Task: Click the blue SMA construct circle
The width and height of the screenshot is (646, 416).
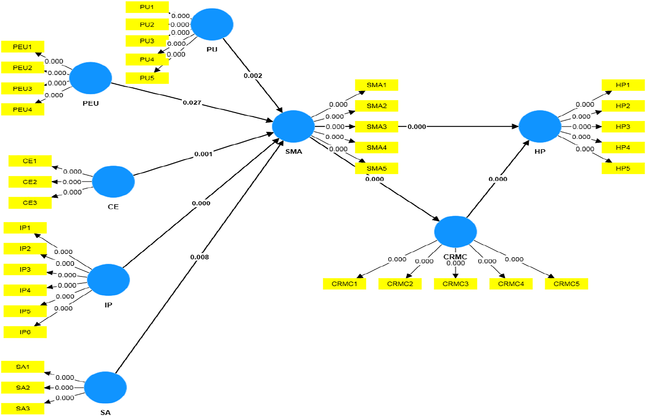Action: pyautogui.click(x=293, y=126)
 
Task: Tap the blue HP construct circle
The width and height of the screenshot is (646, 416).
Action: pyautogui.click(x=540, y=126)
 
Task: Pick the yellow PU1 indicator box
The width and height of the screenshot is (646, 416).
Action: pyautogui.click(x=147, y=7)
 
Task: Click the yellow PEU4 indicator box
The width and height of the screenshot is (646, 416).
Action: pyautogui.click(x=23, y=110)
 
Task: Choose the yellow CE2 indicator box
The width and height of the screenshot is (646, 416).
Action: pyautogui.click(x=30, y=182)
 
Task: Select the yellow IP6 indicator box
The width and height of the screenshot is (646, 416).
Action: pyautogui.click(x=25, y=332)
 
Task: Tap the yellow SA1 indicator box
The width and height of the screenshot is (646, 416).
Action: pyautogui.click(x=23, y=367)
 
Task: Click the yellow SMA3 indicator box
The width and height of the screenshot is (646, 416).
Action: pyautogui.click(x=377, y=127)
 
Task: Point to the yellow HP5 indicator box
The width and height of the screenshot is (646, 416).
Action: pyautogui.click(x=623, y=168)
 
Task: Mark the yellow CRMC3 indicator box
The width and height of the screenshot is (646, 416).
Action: pyautogui.click(x=456, y=284)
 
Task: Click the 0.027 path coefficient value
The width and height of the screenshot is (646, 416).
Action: pyautogui.click(x=192, y=103)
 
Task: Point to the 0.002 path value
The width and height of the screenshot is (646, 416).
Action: pyautogui.click(x=253, y=76)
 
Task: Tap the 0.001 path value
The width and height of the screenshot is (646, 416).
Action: pyautogui.click(x=203, y=154)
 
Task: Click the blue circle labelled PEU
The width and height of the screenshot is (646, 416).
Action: pyautogui.click(x=90, y=78)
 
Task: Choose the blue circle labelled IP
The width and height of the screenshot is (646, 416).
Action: pyautogui.click(x=108, y=280)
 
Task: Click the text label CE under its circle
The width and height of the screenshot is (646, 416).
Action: pyautogui.click(x=113, y=207)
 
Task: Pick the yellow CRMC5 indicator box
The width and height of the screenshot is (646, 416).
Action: pyautogui.click(x=567, y=284)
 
